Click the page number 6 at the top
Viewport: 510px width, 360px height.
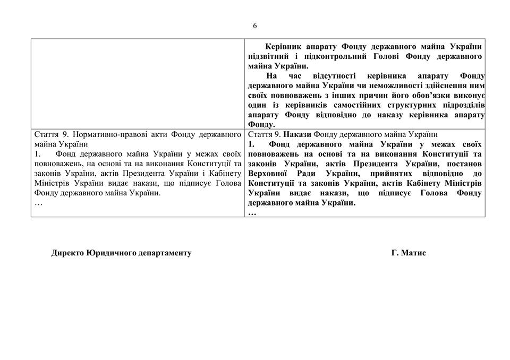pyautogui.click(x=255, y=25)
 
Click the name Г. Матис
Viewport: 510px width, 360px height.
pyautogui.click(x=408, y=253)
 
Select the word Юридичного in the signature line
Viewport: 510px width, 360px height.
pyautogui.click(x=111, y=253)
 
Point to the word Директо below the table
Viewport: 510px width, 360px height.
pyautogui.click(x=67, y=253)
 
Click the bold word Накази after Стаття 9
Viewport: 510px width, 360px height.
pyautogui.click(x=297, y=134)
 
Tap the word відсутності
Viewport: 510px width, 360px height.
pyautogui.click(x=336, y=76)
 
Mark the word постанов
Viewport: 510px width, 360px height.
pyautogui.click(x=465, y=164)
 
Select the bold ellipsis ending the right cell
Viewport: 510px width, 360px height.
pyautogui.click(x=252, y=212)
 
